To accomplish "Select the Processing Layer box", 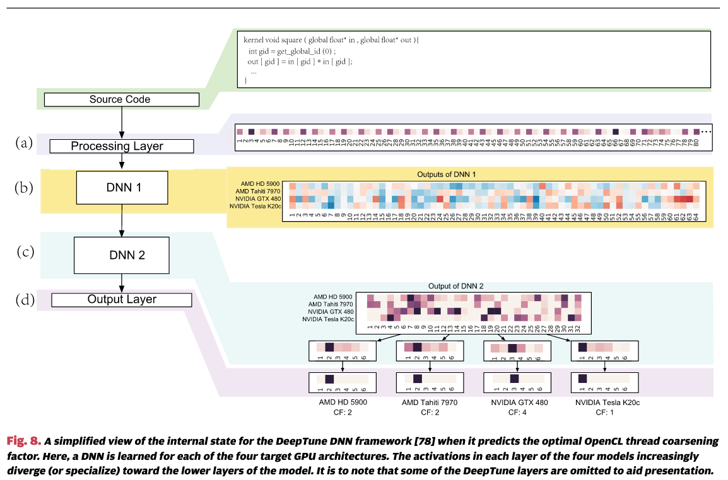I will (x=121, y=146).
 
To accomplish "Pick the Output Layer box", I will (x=121, y=300).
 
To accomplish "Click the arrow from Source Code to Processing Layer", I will (x=120, y=123).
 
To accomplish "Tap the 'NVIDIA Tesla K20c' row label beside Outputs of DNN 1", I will (x=254, y=206).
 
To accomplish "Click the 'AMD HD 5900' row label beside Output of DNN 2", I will (x=333, y=297).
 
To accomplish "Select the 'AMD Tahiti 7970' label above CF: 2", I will (x=430, y=402).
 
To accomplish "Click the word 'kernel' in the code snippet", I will (x=255, y=40).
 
